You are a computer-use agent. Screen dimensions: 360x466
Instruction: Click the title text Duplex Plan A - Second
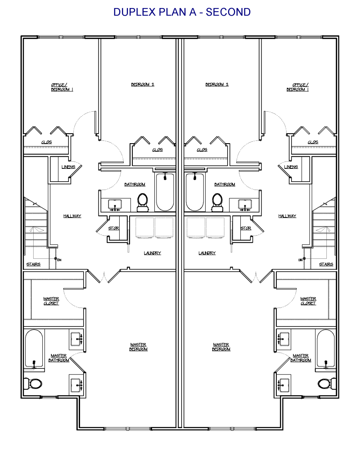pos(182,12)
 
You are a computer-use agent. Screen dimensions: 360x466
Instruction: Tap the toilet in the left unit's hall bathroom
pos(143,202)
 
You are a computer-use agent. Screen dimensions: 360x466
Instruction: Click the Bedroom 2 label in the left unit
pos(143,84)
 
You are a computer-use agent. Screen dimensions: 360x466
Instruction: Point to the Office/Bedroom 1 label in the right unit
pos(298,87)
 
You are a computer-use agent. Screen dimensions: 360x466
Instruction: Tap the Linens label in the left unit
pos(68,167)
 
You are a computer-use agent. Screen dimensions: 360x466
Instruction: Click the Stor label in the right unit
pos(246,228)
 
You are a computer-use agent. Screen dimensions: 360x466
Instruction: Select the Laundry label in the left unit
pos(152,253)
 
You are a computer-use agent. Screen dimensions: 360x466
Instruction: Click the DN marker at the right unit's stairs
pos(300,260)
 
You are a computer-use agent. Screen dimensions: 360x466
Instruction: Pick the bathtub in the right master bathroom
pos(326,349)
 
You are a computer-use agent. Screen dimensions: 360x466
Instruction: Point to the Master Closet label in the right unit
pos(308,301)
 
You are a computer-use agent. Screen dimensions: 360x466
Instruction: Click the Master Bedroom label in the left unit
pos(138,347)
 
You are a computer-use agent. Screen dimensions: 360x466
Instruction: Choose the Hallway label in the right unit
pos(288,216)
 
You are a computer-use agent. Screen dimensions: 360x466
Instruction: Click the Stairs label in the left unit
pos(33,264)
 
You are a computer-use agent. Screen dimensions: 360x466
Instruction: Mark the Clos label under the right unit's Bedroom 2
pos(202,150)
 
